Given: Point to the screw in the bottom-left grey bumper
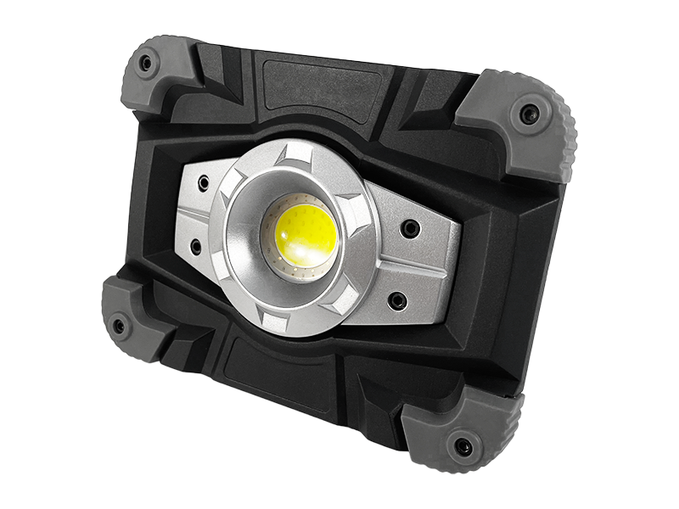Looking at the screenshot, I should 119,325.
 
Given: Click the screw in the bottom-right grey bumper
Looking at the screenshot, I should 463,446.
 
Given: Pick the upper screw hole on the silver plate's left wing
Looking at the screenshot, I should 203,182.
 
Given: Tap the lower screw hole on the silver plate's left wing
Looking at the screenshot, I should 195,246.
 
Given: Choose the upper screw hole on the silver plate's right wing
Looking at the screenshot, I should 410,228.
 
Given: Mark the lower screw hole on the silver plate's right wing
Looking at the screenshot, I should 396,299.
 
